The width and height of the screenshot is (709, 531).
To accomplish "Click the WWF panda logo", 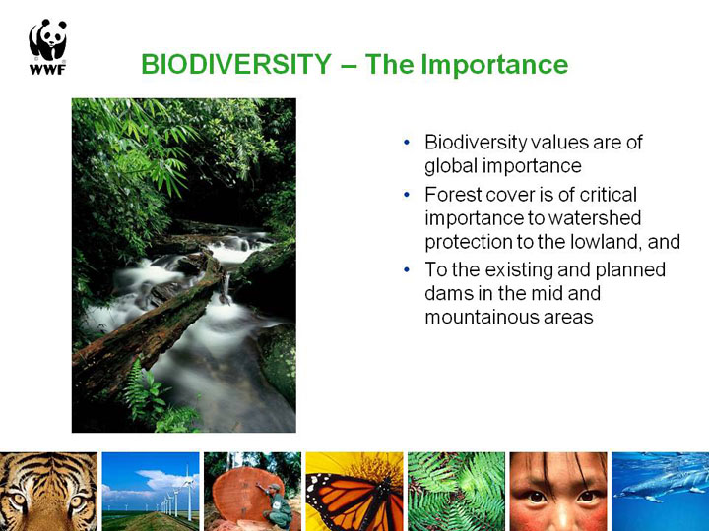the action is pos(48,46).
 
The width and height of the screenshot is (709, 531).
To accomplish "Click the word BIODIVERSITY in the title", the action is pos(236,64).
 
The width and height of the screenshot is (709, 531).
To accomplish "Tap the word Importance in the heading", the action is pos(494,65).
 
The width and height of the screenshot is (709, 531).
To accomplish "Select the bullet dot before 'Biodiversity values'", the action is pos(407,143).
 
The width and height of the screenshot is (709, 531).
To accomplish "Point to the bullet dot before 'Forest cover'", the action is pos(407,195).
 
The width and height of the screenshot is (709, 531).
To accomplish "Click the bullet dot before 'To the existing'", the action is pos(407,270).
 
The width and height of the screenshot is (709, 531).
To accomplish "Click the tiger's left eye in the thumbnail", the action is pos(18,500).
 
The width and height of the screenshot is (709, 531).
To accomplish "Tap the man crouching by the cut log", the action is pos(277,506).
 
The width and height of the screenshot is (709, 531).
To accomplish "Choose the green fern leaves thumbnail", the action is pos(456,492).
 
